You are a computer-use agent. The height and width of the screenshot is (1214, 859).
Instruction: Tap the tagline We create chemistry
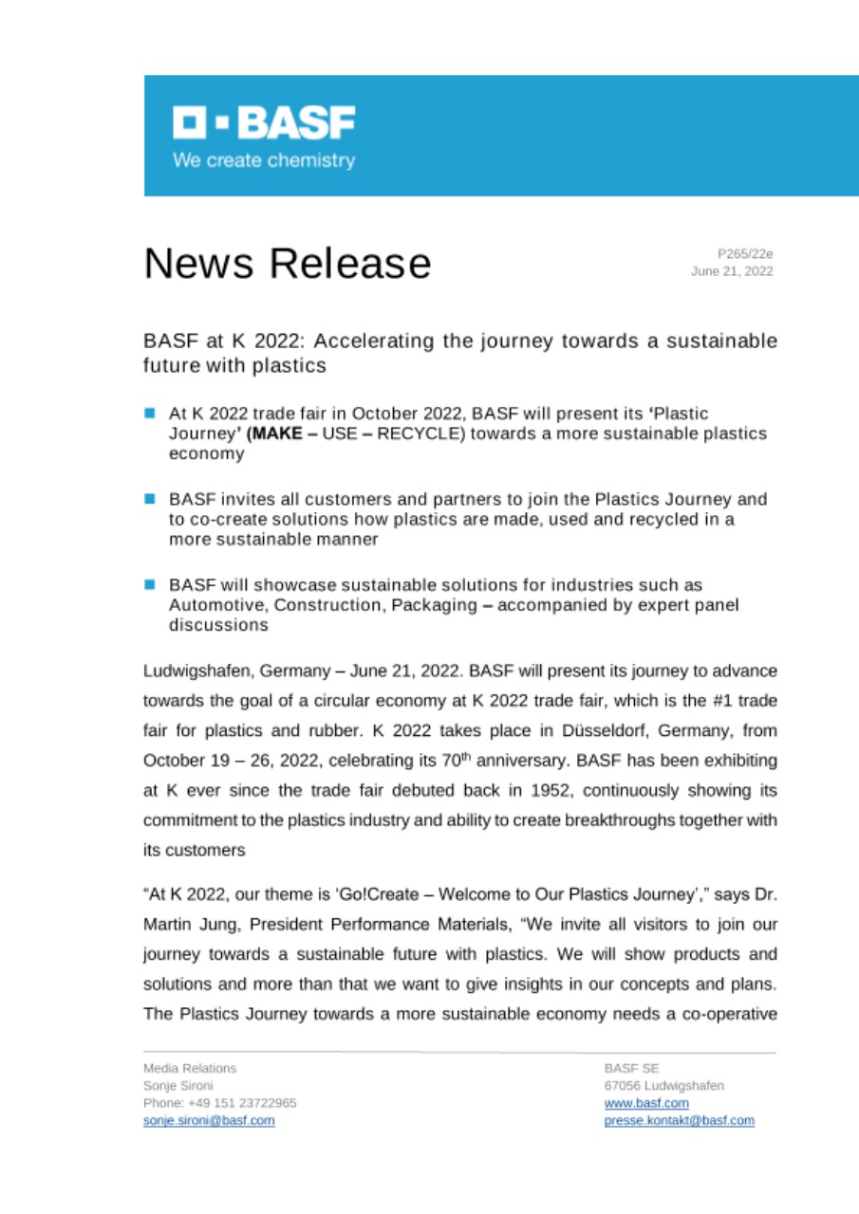tap(263, 160)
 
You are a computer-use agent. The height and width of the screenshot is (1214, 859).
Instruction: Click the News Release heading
tap(288, 263)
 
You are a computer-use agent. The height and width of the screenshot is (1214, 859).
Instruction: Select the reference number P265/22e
tap(745, 253)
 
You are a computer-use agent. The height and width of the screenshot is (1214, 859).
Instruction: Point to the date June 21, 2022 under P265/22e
tap(732, 271)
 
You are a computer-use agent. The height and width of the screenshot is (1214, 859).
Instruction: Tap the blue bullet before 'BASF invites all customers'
tap(150, 498)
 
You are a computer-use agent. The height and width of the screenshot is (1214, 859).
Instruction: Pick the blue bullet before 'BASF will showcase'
tap(150, 583)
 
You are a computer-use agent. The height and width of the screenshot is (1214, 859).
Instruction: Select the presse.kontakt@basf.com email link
tap(679, 1120)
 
